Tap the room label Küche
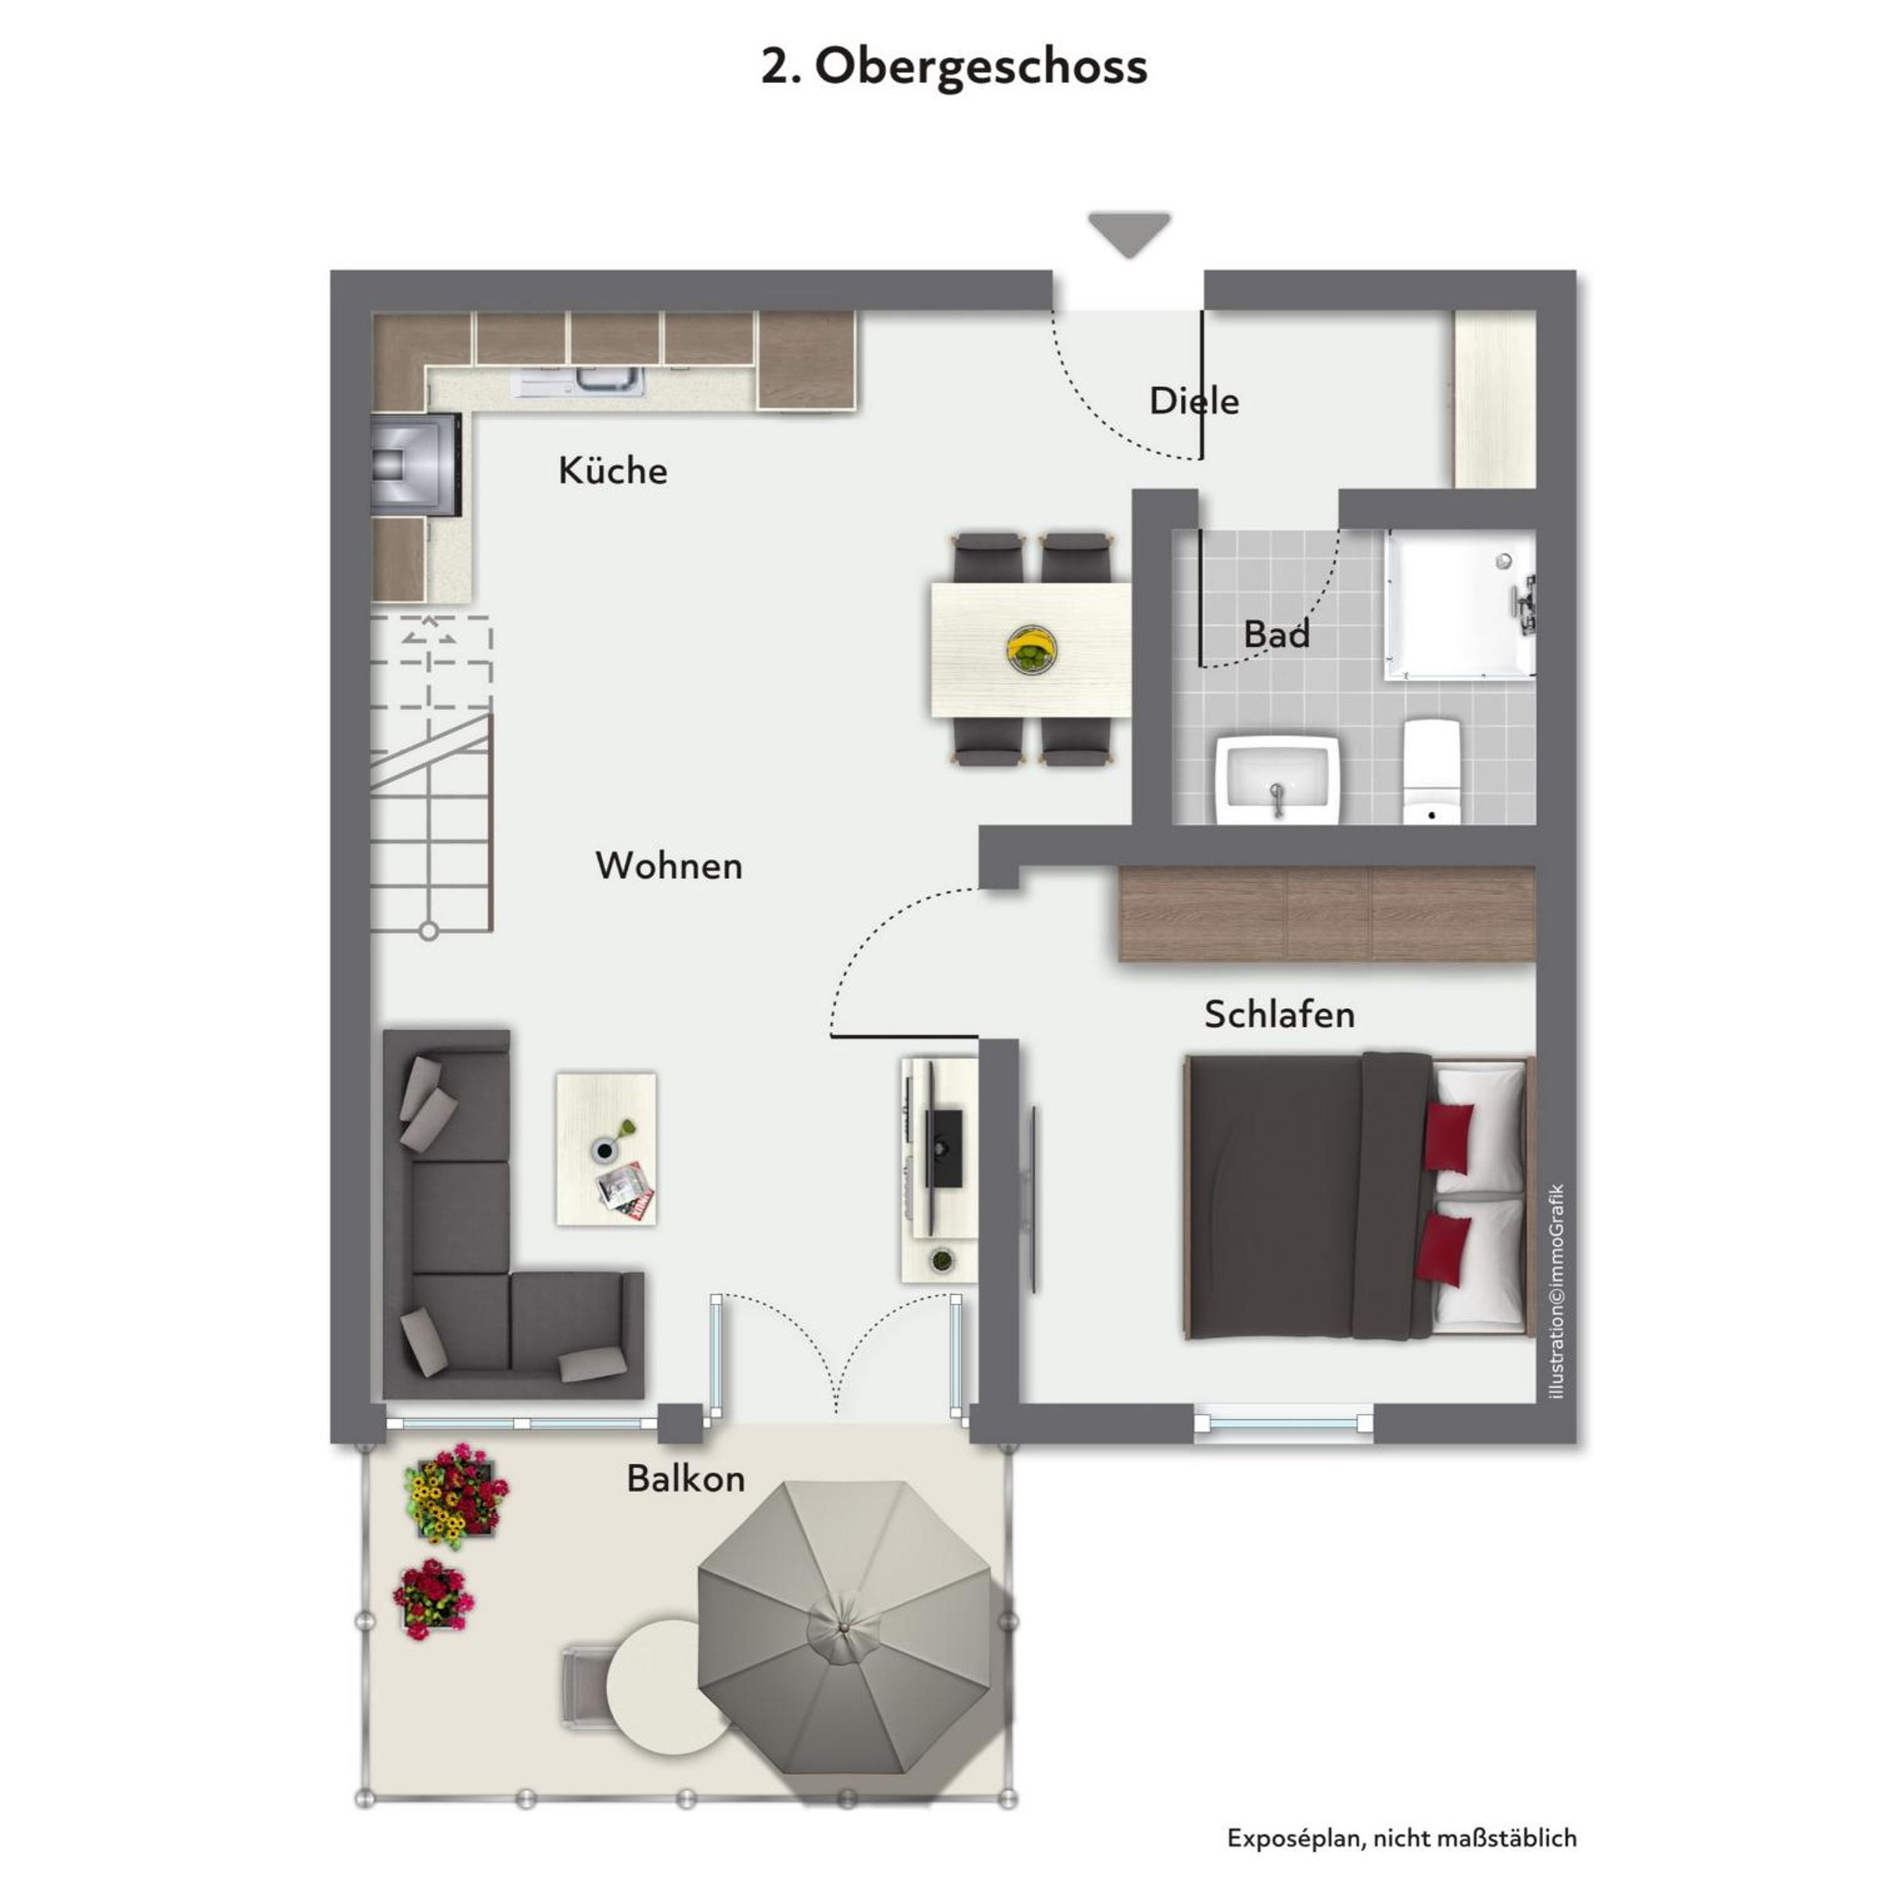(613, 471)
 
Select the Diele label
(1194, 400)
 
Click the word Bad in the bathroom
(1276, 634)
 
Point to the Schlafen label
(1279, 1014)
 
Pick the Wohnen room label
(669, 866)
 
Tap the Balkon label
(686, 1479)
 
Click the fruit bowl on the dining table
(1032, 648)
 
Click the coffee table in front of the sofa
(606, 1148)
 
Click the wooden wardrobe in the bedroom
(1327, 914)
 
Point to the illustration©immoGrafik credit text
(1557, 1291)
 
